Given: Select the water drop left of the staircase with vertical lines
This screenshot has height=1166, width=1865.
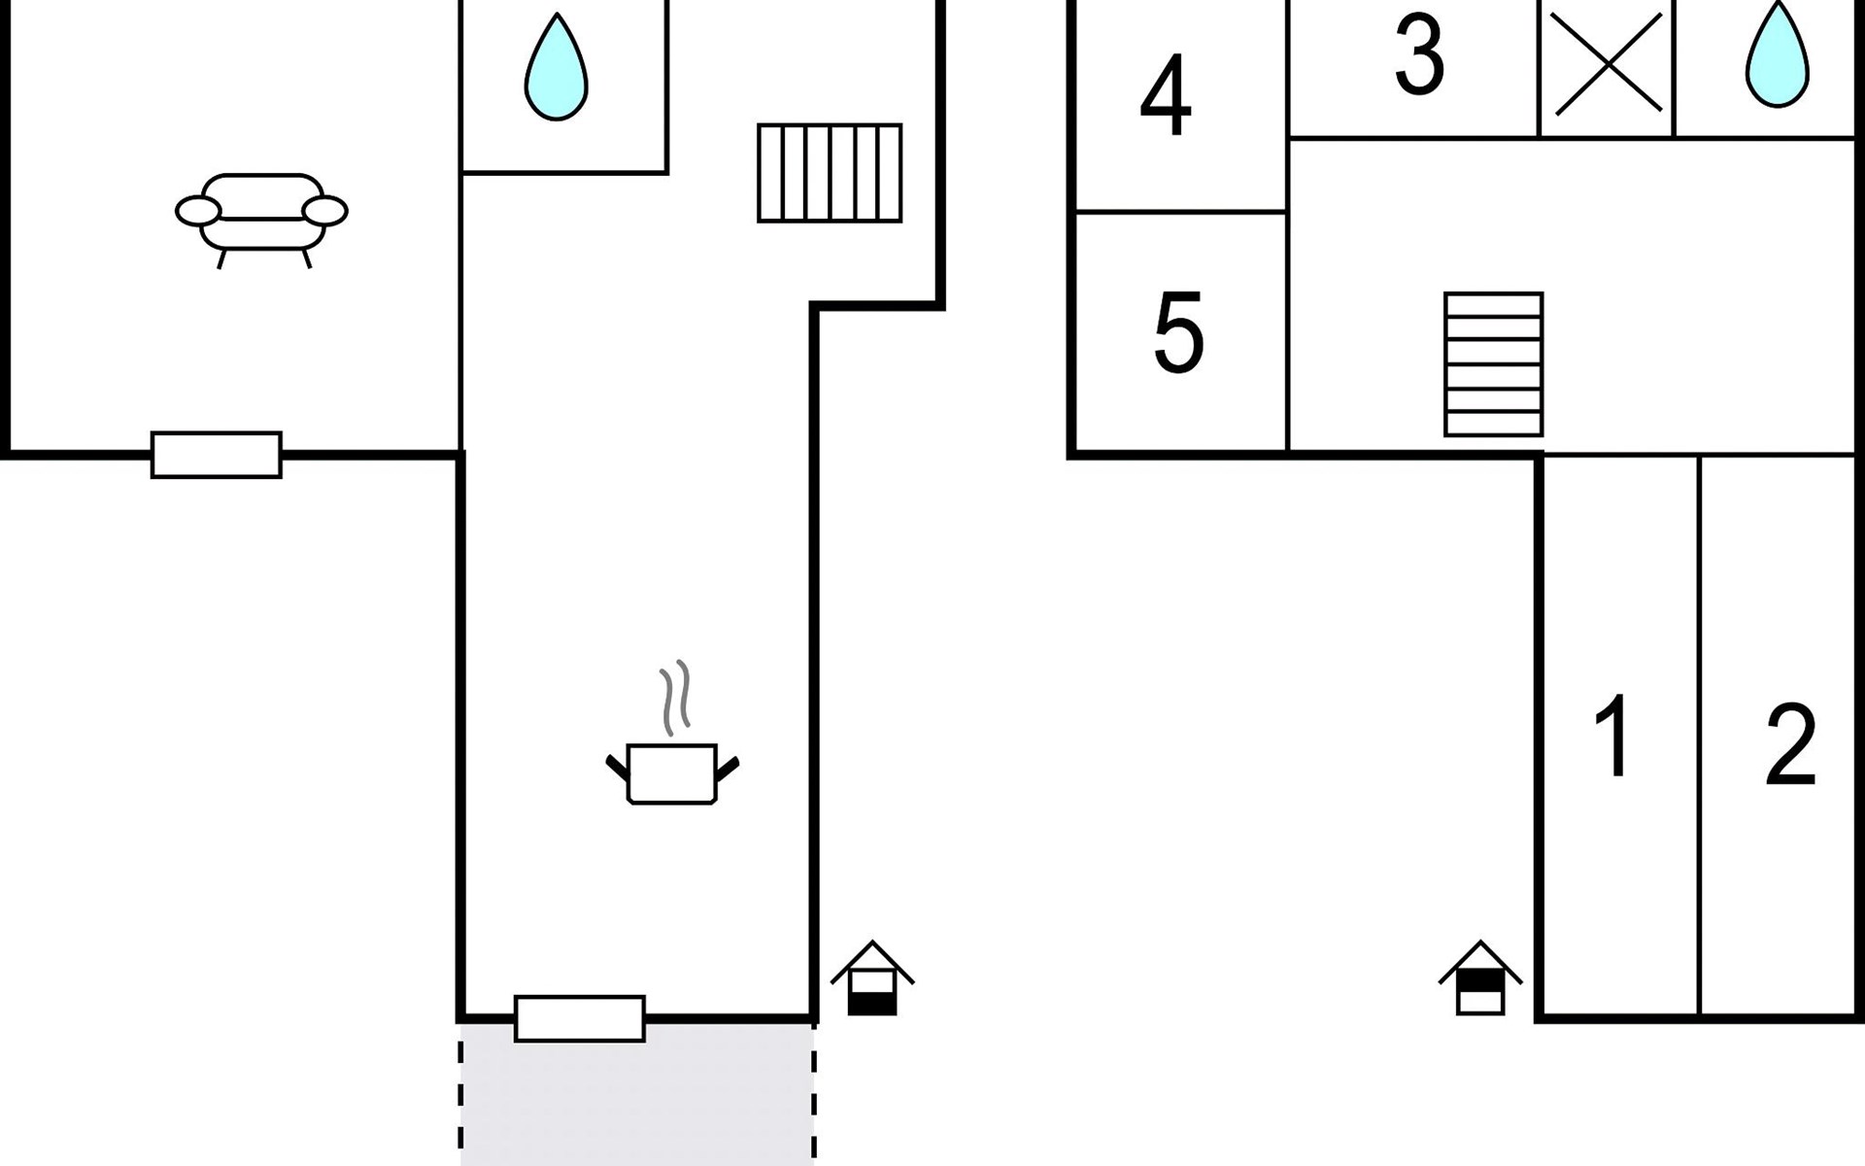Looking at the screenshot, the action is (x=557, y=67).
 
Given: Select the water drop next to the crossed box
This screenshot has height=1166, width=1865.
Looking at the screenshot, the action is (x=1778, y=54).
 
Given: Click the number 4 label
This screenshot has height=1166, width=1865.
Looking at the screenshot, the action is (x=1166, y=95).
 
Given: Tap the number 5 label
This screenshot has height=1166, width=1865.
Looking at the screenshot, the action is (x=1178, y=332).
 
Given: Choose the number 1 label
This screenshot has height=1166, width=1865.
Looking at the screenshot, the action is (x=1614, y=736).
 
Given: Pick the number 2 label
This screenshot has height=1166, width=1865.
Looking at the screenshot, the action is (x=1790, y=745).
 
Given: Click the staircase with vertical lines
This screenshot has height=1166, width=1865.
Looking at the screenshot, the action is (x=830, y=173).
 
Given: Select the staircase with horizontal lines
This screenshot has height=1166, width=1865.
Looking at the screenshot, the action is (x=1494, y=364).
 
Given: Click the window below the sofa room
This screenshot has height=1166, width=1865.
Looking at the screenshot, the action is (x=217, y=455).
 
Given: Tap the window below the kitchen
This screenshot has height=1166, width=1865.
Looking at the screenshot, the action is (x=580, y=1018).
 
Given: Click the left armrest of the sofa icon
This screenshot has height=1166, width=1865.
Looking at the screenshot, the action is (x=198, y=211).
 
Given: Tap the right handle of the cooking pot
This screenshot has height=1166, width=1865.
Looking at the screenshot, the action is (x=728, y=769).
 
